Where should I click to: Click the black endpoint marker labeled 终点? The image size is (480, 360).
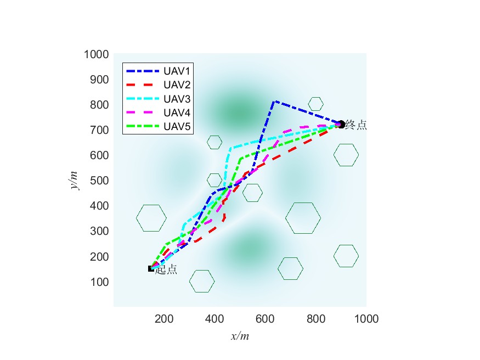341,125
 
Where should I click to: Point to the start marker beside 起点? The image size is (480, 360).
151,268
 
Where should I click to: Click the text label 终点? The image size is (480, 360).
357,125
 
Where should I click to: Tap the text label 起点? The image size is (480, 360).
166,269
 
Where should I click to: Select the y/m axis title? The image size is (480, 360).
74,179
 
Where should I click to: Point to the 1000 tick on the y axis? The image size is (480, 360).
96,54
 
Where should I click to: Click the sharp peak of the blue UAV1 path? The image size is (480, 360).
274,102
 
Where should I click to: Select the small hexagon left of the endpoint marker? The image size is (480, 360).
315,104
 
